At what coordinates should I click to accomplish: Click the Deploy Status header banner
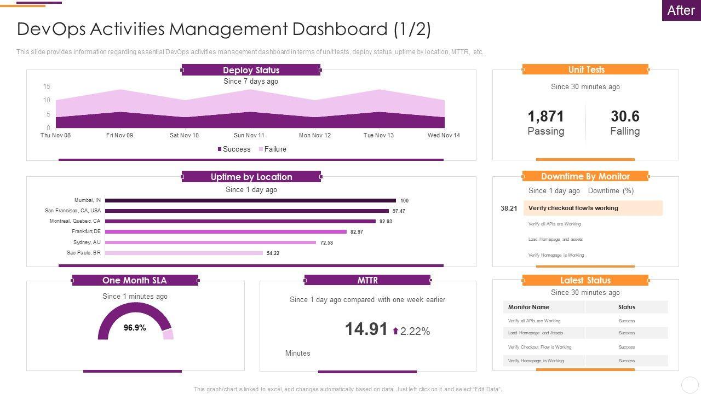[251, 70]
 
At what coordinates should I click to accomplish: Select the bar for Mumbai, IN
[250, 200]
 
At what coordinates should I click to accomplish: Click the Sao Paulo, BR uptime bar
[184, 253]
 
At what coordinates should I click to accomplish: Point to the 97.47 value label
[399, 211]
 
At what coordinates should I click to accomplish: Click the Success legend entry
[234, 149]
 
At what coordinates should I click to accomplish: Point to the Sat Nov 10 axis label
[185, 135]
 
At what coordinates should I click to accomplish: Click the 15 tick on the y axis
[47, 86]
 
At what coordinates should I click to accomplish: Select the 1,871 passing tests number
[545, 116]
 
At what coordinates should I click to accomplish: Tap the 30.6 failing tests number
[625, 116]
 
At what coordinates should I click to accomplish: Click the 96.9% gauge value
[135, 328]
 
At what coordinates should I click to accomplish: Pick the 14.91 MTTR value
[366, 329]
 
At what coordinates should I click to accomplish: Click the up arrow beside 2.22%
[395, 331]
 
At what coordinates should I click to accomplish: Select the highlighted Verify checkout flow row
[593, 208]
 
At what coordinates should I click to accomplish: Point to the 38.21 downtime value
[509, 208]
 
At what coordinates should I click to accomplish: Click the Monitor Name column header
[528, 307]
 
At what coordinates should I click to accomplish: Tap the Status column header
[627, 307]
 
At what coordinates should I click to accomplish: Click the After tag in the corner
[681, 10]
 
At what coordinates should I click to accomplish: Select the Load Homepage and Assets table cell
[536, 333]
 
